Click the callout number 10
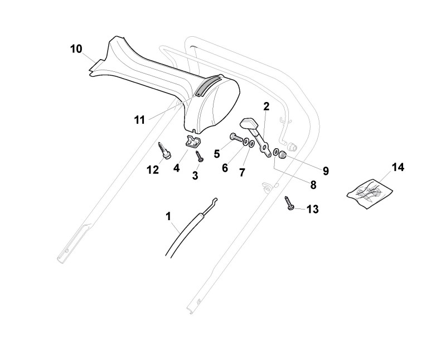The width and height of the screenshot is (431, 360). tap(76, 49)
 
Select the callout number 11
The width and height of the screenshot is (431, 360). tap(139, 119)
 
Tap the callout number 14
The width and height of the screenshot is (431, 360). tap(398, 167)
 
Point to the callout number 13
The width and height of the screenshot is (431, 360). tap(313, 209)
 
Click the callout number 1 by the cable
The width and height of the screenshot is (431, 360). tap(168, 216)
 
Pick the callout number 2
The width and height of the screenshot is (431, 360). tap(267, 106)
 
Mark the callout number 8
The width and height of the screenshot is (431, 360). tap(313, 184)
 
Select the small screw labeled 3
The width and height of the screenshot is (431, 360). tap(198, 158)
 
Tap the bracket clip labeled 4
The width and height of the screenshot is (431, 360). tap(192, 142)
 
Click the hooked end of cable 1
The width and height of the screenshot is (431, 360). tap(214, 202)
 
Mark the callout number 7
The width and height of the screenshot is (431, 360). tap(242, 173)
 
